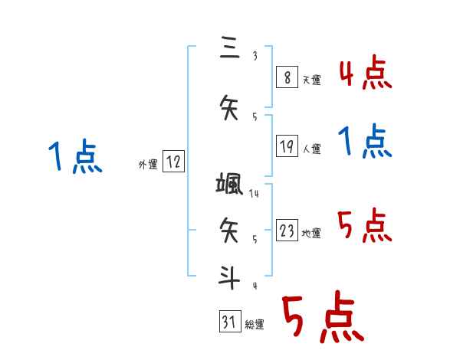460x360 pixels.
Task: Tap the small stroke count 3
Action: pos(255,56)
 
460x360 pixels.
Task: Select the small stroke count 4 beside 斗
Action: pos(255,286)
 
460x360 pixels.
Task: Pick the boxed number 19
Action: pos(287,146)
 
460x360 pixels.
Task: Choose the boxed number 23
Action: pos(287,230)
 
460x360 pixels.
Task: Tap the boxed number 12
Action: pos(173,162)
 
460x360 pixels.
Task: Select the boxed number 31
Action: pos(229,322)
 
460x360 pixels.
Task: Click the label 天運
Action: pos(311,80)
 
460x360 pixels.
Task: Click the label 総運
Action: pos(255,325)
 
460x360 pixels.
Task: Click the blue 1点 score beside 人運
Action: pos(365,142)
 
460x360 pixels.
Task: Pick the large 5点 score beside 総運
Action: pos(323,317)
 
